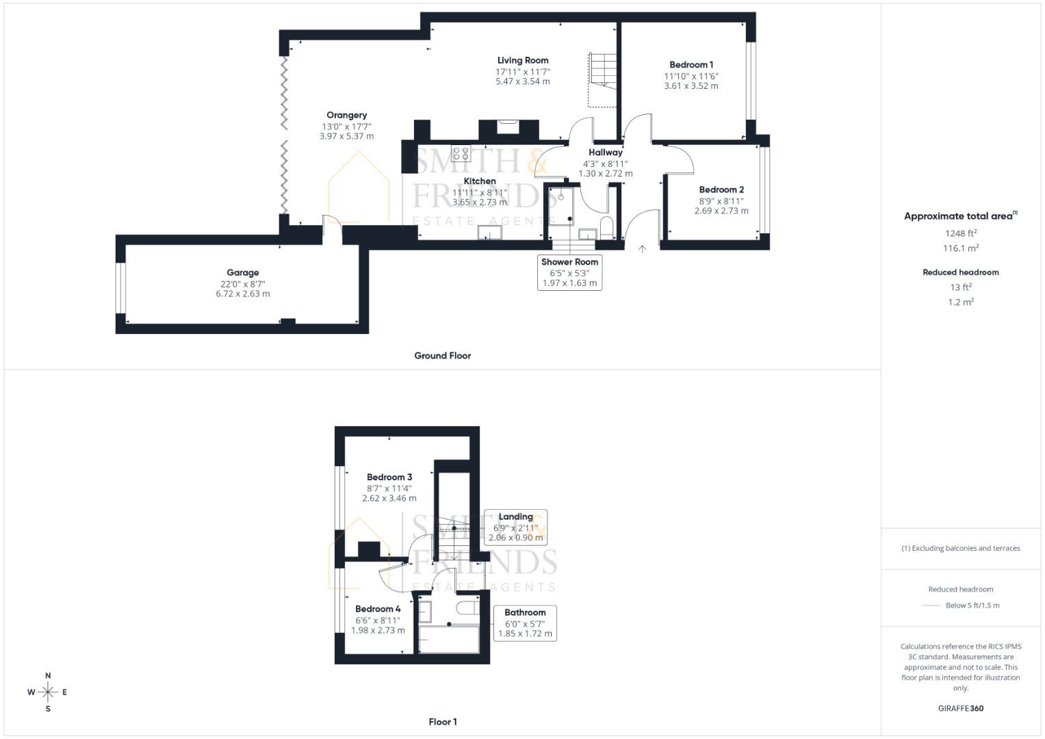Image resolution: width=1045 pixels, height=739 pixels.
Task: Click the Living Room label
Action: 523,60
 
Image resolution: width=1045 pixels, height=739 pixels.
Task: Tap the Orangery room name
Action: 346,115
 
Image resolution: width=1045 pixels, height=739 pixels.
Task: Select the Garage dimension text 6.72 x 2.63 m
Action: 242,294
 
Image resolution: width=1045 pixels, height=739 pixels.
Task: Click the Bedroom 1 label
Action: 691,65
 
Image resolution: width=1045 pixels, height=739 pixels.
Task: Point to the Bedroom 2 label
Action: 721,190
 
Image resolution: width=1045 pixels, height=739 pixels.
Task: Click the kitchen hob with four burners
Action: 461,153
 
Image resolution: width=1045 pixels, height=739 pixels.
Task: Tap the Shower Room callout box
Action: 569,272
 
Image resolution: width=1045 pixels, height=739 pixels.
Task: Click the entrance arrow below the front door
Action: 642,249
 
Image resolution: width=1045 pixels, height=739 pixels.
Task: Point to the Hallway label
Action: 606,153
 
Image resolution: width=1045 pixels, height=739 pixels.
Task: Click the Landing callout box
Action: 515,527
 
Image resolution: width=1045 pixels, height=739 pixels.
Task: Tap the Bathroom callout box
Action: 525,623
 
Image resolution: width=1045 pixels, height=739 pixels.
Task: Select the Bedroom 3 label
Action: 389,477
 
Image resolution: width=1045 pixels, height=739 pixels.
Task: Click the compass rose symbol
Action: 48,692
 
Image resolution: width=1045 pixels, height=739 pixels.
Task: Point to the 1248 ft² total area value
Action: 961,233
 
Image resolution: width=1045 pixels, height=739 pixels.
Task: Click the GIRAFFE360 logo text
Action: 961,708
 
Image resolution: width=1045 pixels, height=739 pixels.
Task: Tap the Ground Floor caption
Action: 442,356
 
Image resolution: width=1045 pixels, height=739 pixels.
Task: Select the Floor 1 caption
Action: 442,722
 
